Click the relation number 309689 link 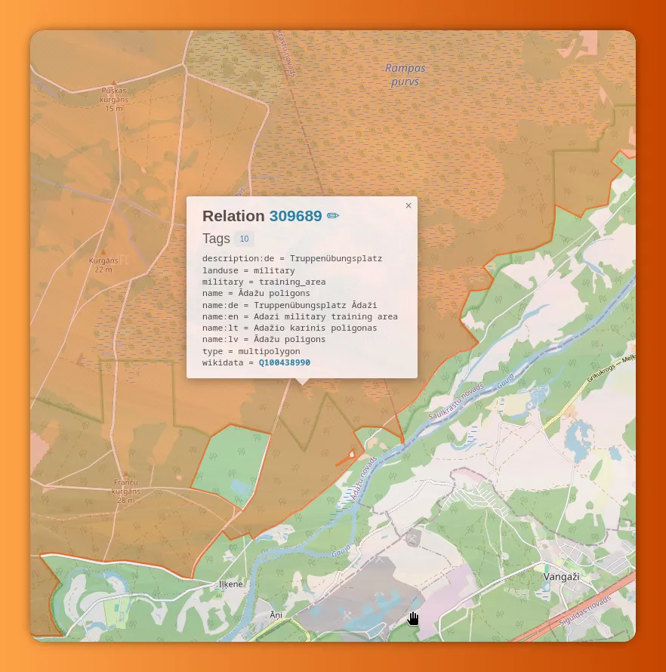click(295, 216)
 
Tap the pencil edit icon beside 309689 click(333, 216)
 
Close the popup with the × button click(409, 205)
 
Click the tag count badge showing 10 click(244, 239)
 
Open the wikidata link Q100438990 click(284, 363)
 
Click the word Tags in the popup click(216, 239)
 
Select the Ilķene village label click(231, 584)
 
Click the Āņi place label click(276, 615)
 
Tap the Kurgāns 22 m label click(104, 264)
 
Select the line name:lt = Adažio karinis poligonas click(289, 328)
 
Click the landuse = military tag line click(248, 270)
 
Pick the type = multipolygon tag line click(251, 351)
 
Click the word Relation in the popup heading click(233, 216)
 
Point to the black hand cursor click(414, 619)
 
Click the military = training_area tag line click(264, 282)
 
